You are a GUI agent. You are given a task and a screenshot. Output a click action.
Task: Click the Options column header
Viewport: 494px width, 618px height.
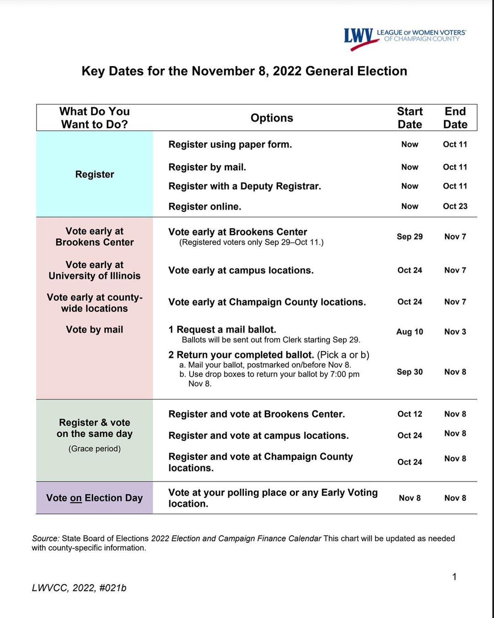pos(272,118)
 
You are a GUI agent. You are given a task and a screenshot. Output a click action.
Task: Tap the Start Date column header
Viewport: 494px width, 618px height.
pos(410,118)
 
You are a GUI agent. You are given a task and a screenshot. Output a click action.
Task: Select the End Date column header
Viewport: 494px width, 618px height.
pos(455,118)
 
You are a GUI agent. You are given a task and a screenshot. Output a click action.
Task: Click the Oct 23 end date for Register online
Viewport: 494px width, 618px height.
pos(455,206)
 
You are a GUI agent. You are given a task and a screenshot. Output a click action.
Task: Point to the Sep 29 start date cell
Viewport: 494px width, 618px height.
pos(410,237)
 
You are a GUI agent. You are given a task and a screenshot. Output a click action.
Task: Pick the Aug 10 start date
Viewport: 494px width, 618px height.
pos(410,332)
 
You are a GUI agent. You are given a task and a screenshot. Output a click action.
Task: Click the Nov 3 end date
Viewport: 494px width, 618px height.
pos(455,332)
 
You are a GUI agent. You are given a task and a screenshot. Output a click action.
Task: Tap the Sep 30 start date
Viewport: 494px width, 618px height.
pos(410,372)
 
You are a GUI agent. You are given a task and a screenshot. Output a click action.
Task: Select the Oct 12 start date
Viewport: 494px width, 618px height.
pos(410,414)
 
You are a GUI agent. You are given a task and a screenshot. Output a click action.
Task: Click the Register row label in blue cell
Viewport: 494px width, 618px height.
pos(95,174)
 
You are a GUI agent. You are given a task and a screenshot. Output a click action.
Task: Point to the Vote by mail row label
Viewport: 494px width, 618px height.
pos(95,330)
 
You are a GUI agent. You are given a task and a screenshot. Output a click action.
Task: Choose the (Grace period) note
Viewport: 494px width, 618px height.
pos(95,449)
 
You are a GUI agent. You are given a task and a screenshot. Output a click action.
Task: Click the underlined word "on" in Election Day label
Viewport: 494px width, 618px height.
pos(76,498)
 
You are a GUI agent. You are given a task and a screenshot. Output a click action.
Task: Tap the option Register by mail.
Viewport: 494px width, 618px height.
pos(207,168)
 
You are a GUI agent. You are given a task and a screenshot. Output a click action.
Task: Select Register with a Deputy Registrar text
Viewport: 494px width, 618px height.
pos(245,186)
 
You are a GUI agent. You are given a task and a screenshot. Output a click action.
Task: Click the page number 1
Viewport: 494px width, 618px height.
pos(454,577)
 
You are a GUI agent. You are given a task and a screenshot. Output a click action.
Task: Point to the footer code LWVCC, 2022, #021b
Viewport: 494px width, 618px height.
pos(79,588)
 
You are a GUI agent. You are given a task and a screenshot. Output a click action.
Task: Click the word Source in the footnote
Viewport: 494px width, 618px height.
pos(45,539)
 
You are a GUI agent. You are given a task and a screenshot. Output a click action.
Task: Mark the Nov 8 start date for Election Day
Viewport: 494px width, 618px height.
pos(410,498)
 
